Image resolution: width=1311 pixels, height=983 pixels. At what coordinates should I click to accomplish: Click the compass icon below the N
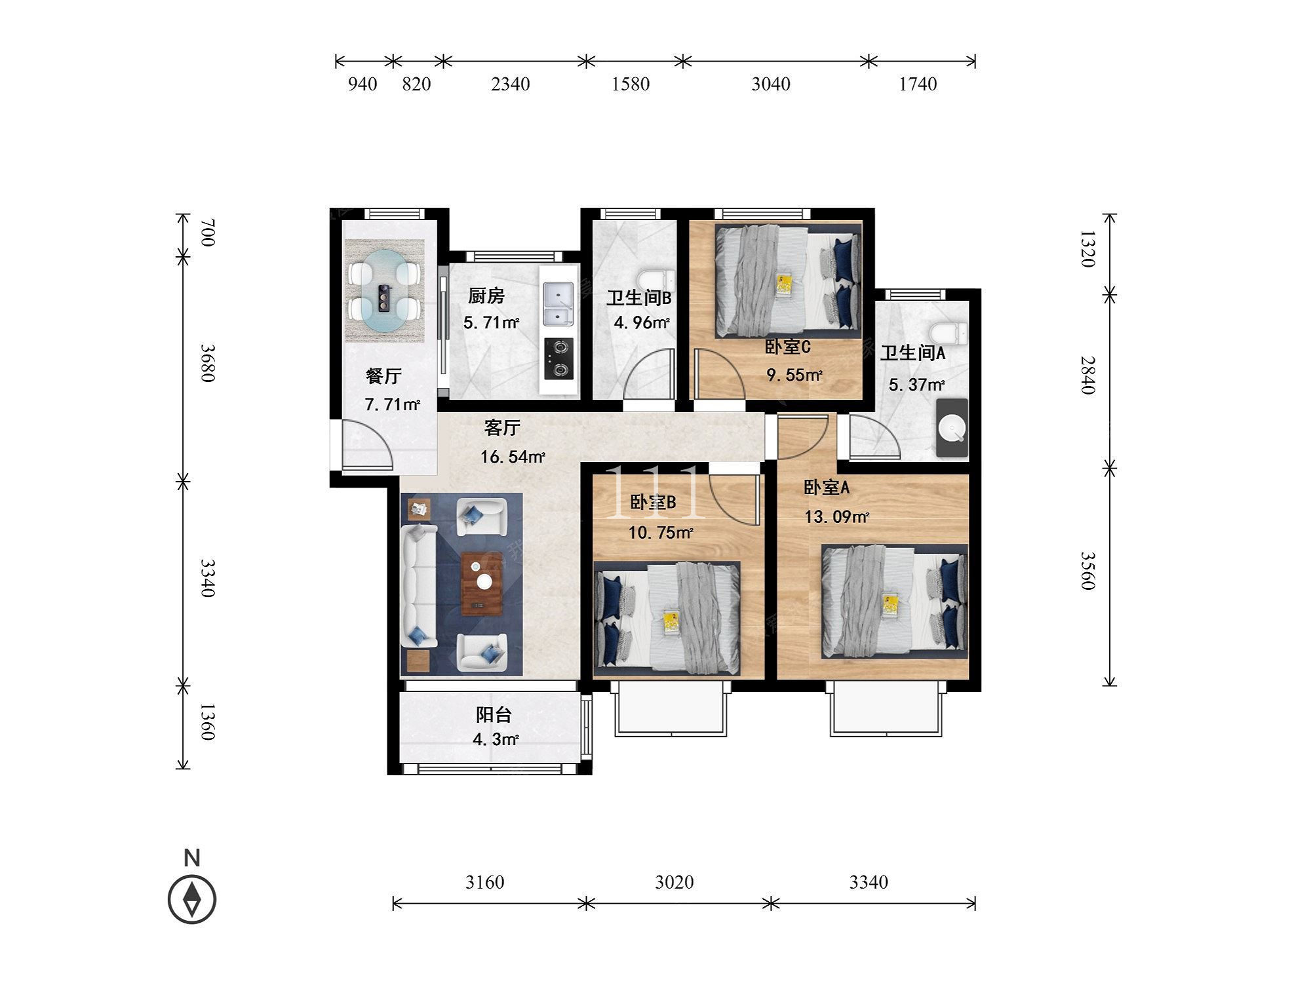pos(192,899)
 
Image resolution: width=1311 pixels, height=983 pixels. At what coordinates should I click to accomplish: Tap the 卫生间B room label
pos(638,298)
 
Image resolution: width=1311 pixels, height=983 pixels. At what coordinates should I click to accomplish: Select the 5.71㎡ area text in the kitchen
pos(491,322)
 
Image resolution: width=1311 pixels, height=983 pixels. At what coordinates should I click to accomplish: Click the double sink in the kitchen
pos(558,303)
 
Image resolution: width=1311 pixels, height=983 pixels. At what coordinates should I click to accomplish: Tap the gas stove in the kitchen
pos(559,358)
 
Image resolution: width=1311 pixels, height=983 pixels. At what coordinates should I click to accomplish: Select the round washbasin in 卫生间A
pos(952,428)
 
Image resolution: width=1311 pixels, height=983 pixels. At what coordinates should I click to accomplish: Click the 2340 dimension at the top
pos(510,84)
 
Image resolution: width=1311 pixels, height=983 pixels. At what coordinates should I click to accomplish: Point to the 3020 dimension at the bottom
pos(674,882)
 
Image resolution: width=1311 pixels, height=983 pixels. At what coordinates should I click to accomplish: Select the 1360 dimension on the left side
pos(207,722)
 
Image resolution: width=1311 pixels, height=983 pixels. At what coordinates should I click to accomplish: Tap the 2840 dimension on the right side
pos(1087,375)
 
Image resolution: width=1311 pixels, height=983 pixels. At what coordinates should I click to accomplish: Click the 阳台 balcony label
pos(494,715)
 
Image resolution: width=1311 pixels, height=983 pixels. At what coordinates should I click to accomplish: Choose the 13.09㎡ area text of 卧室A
pos(837,517)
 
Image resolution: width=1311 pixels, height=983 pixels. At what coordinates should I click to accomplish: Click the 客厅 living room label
pos(502,428)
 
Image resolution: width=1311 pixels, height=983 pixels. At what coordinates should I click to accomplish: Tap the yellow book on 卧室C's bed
pos(784,284)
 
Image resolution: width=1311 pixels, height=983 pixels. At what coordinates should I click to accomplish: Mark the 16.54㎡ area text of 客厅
pos(513,457)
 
